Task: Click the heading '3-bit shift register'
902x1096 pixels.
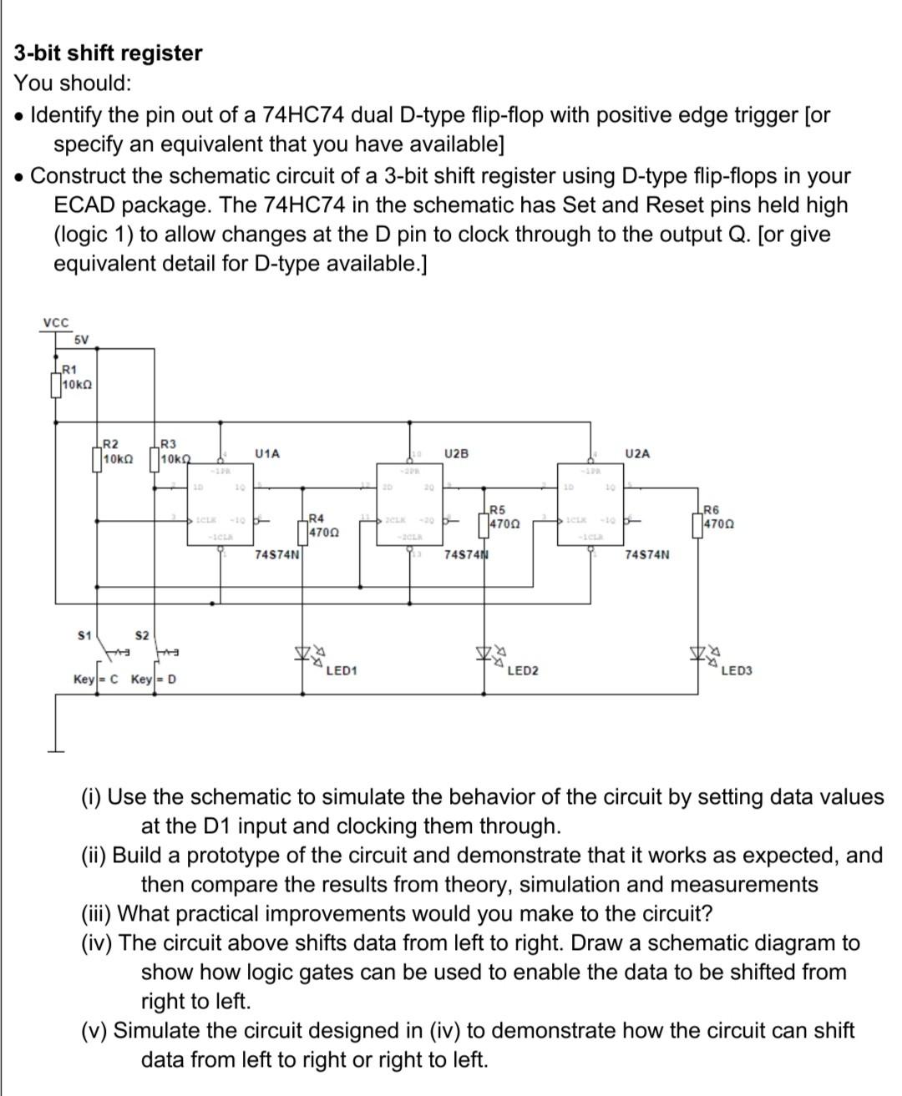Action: click(x=108, y=53)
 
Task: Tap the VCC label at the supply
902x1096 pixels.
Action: click(x=56, y=323)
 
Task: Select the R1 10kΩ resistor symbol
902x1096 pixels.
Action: click(x=57, y=386)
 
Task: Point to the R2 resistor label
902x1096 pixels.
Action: click(x=109, y=443)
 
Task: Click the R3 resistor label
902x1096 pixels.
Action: click(x=168, y=443)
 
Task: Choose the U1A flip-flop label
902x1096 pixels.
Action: click(x=267, y=453)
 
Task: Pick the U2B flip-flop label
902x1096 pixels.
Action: click(x=457, y=453)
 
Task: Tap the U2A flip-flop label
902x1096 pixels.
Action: click(x=636, y=453)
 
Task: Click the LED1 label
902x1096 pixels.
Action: click(x=342, y=670)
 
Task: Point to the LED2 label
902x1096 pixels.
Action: click(x=523, y=670)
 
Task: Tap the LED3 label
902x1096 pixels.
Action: click(x=737, y=670)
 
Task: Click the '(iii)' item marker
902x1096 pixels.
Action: click(x=98, y=913)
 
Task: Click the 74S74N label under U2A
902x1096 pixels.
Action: click(x=646, y=553)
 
